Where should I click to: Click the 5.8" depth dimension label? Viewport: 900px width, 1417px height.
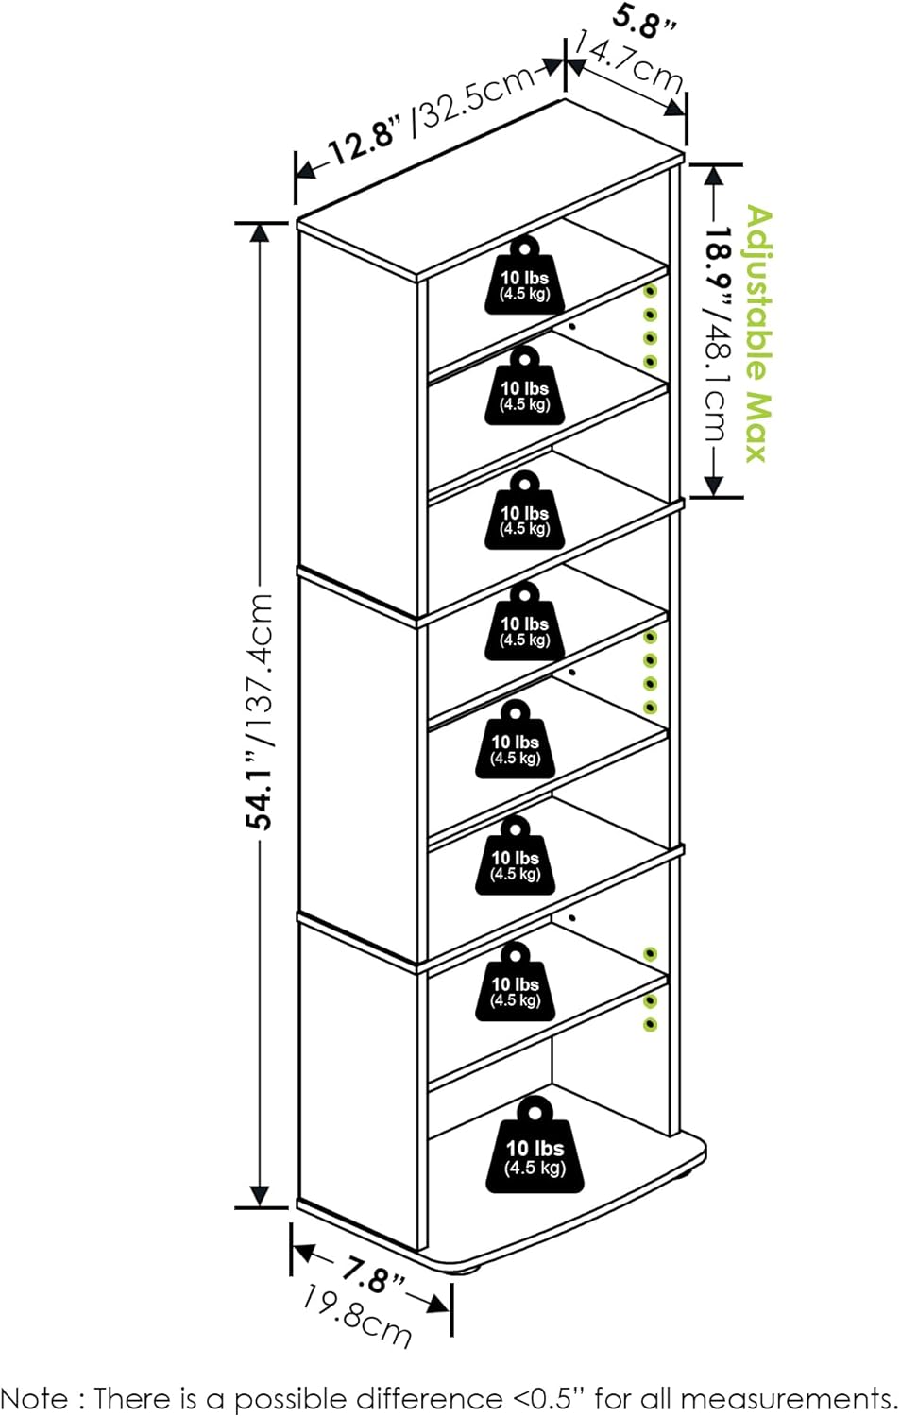coord(645,21)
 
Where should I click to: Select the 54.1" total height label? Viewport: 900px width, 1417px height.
coord(260,791)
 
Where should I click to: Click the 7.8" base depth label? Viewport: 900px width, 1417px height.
coord(373,1277)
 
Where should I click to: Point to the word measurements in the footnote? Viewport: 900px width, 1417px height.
coord(786,1398)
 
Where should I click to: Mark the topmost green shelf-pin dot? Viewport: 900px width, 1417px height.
coord(650,292)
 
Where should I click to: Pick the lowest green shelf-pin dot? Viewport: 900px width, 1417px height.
coord(650,1024)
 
